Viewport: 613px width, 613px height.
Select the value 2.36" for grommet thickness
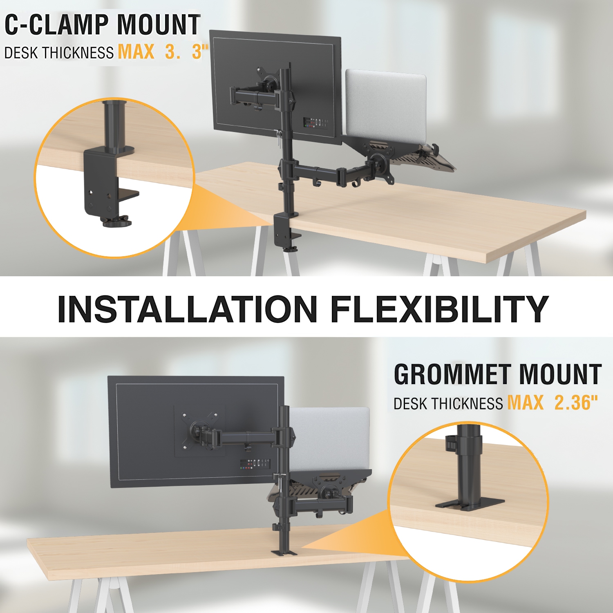(x=576, y=403)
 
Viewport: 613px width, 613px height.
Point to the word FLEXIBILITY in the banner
(x=439, y=309)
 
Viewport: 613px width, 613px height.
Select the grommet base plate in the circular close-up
(x=470, y=503)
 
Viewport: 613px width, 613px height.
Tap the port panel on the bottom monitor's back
(x=255, y=464)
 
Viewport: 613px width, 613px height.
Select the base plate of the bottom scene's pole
(x=284, y=552)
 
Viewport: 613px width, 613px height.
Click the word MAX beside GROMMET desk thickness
(x=525, y=403)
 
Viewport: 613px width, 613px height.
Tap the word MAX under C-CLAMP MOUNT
(x=136, y=52)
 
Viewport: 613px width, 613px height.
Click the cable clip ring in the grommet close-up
(x=450, y=444)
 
